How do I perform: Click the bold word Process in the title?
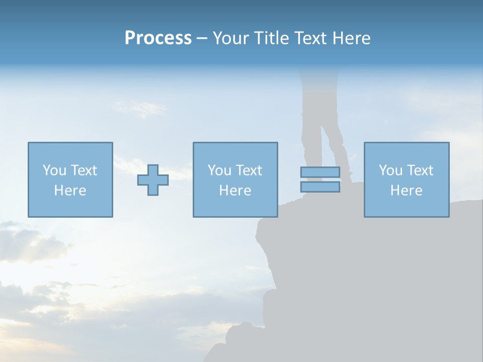click(x=158, y=38)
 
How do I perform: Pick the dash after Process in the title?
click(x=202, y=39)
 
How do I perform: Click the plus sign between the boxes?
click(x=153, y=180)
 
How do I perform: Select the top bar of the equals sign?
click(x=320, y=172)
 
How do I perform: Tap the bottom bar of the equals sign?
click(x=320, y=187)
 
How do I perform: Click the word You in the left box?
click(x=54, y=170)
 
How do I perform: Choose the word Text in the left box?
click(x=84, y=170)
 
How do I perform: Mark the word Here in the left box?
click(x=70, y=191)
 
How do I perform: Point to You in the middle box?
click(x=219, y=170)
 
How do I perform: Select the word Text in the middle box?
click(x=249, y=170)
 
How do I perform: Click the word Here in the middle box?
click(x=235, y=191)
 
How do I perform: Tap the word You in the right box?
click(x=390, y=170)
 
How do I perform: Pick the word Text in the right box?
click(x=420, y=170)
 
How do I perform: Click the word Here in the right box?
click(x=407, y=191)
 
